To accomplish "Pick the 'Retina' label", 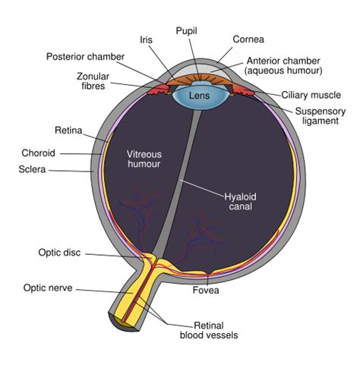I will (x=66, y=130).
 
